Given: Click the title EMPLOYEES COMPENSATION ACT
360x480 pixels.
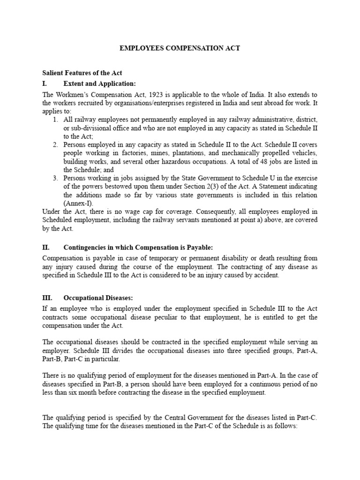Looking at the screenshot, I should click(180, 48).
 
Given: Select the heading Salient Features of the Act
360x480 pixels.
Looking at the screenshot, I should click(82, 73).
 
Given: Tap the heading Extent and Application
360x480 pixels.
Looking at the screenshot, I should click(100, 84).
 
